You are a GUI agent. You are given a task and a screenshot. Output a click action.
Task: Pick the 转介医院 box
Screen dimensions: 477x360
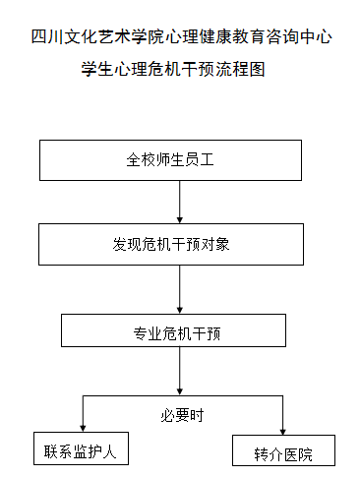click(x=283, y=453)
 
